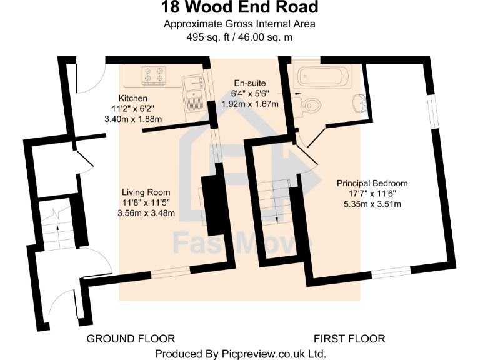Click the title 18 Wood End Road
240,8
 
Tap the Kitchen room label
134,99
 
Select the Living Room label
146,192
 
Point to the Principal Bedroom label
372,183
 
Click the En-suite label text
250,83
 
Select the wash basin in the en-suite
358,102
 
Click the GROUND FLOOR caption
131,339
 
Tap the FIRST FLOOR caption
349,339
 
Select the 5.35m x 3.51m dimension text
372,203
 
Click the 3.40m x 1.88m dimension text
134,119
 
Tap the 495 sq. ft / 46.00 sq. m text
240,37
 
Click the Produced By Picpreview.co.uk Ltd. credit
240,354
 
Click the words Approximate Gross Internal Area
240,24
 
